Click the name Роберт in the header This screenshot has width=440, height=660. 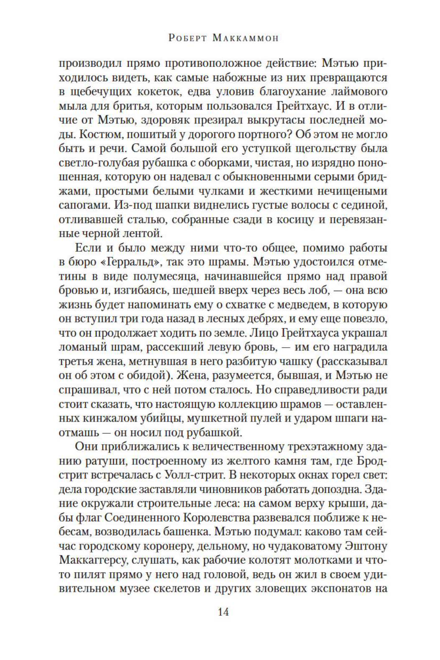tap(187, 38)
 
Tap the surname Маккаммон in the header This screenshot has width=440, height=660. tap(245, 38)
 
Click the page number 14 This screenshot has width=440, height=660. tap(223, 612)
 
